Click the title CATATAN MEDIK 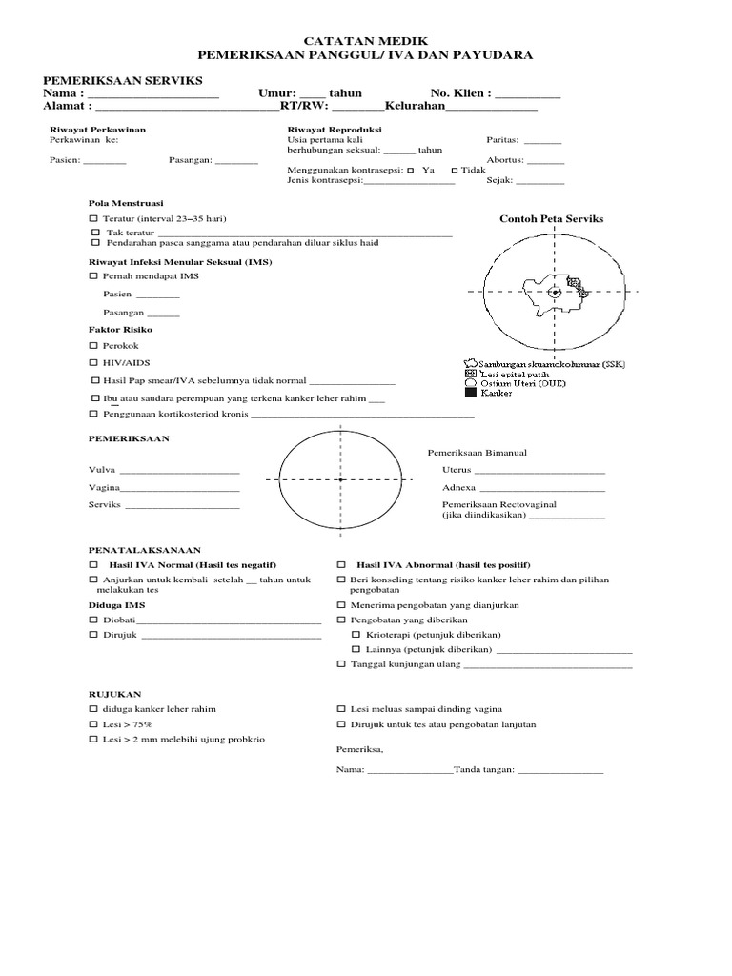[366, 41]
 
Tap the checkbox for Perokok [93, 346]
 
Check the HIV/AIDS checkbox [93, 363]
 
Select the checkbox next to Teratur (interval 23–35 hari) [93, 219]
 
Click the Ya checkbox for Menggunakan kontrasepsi [410, 169]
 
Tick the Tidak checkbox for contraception [454, 169]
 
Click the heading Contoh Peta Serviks [551, 219]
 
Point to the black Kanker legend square [469, 393]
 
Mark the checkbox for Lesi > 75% [93, 725]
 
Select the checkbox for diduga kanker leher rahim [93, 709]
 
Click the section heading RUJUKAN [113, 694]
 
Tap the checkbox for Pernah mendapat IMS [93, 276]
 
